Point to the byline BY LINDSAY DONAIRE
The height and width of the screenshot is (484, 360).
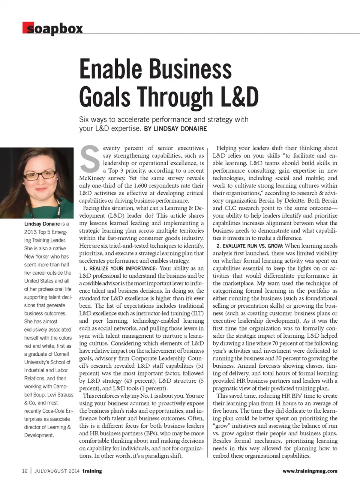pos(175,129)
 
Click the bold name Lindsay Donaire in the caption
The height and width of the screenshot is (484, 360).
pos(42,224)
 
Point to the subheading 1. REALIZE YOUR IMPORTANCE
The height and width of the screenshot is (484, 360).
pos(120,268)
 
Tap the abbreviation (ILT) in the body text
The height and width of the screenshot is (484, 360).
pos(196,313)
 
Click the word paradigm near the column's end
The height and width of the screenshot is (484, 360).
pos(159,456)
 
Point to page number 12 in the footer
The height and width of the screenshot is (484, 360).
pos(25,471)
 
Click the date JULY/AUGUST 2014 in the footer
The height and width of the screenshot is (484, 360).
pos(57,471)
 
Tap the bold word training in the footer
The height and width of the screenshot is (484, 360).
pos(92,471)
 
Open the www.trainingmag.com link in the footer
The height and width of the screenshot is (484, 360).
pos(310,471)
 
